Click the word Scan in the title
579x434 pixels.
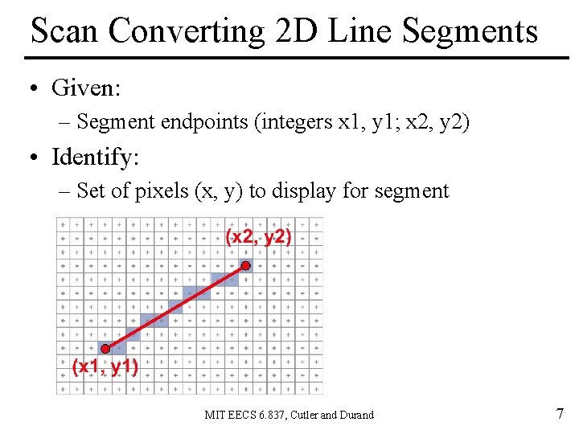(x=64, y=31)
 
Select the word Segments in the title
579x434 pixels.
(x=470, y=31)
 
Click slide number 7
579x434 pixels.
(x=560, y=414)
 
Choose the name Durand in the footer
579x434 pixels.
(x=356, y=416)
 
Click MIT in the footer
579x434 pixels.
(x=215, y=416)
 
